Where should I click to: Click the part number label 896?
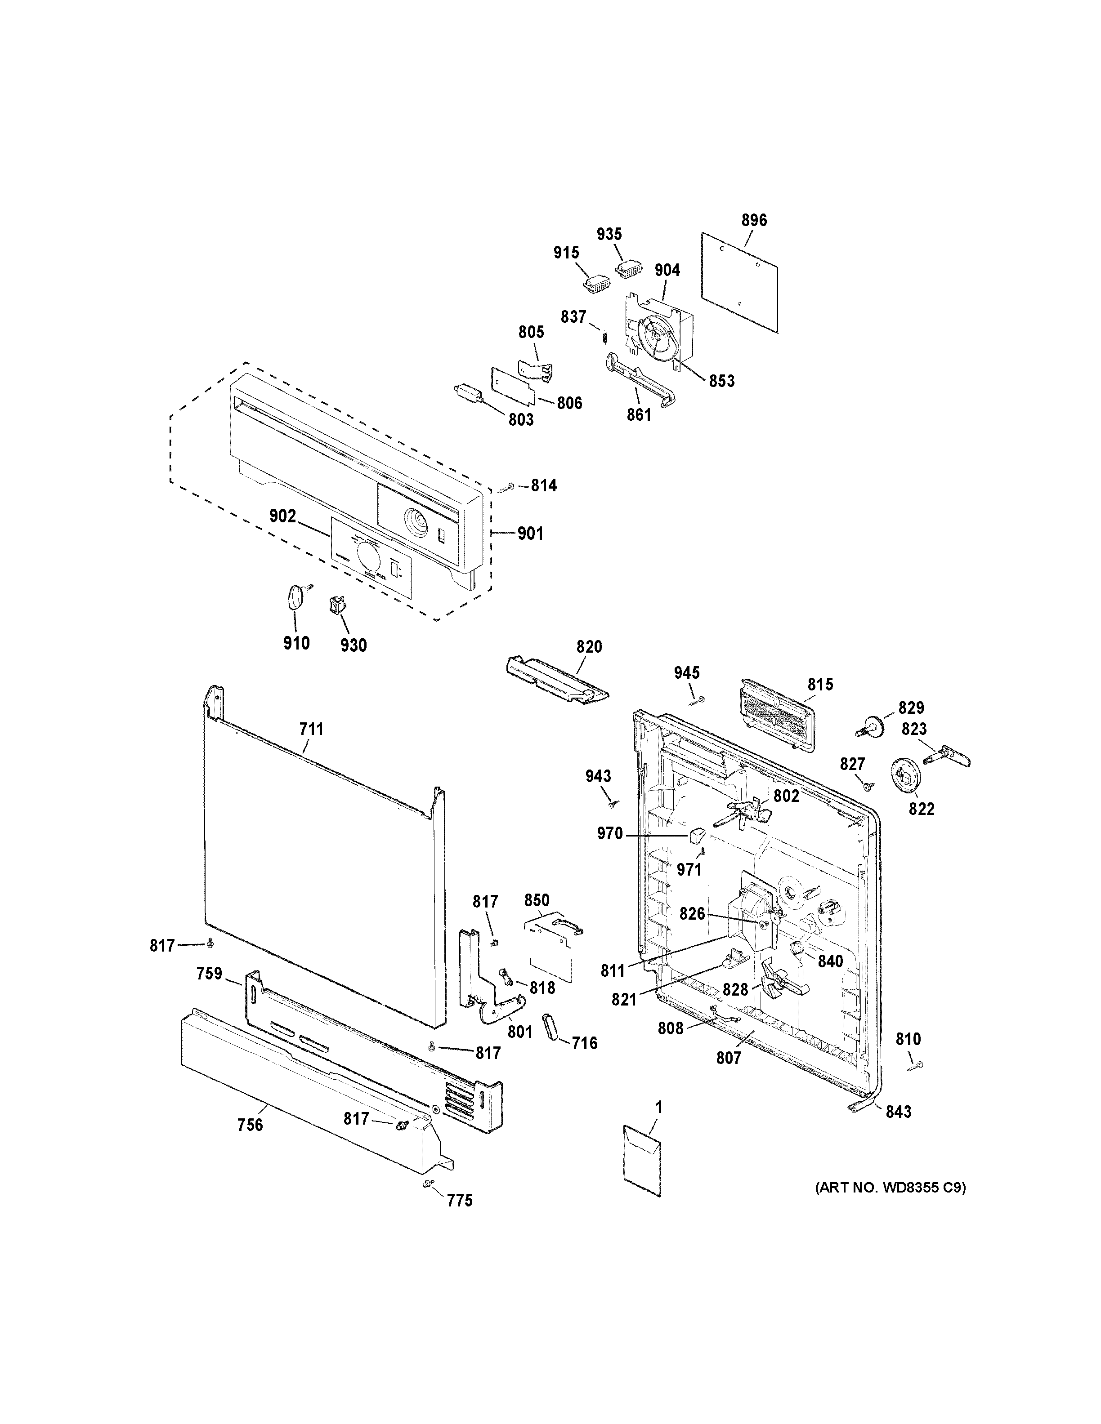754,220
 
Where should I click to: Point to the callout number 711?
311,729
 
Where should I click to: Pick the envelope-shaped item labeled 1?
642,1161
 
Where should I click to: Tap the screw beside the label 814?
507,487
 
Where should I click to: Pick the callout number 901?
530,534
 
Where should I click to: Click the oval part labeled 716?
550,1028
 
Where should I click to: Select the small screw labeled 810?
918,1065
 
